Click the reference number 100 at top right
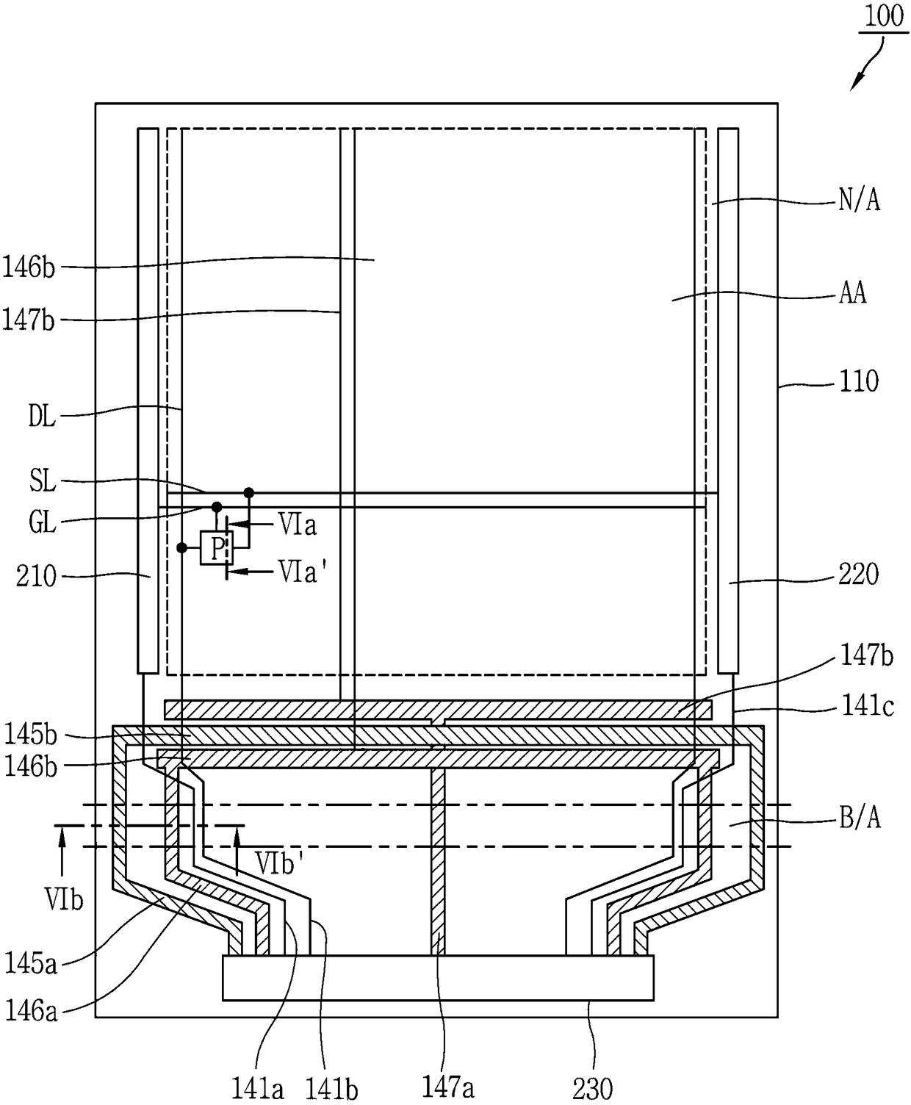click(884, 16)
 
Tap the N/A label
click(859, 200)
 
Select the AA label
click(852, 293)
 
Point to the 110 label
click(859, 381)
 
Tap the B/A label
click(860, 818)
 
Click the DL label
click(42, 419)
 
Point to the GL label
click(42, 524)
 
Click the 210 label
click(36, 576)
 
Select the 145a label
click(31, 962)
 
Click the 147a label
click(447, 1087)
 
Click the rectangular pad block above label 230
click(438, 978)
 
